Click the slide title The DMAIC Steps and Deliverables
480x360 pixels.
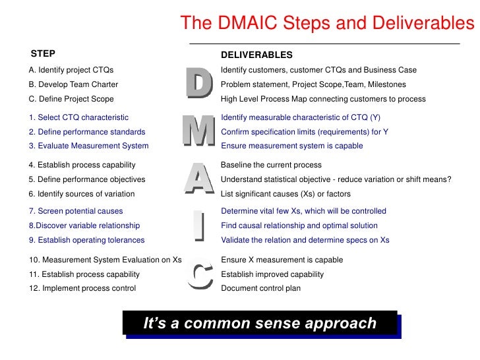coord(327,24)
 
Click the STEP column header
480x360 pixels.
coord(44,53)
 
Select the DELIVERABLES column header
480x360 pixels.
coord(256,55)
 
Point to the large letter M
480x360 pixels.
coord(198,131)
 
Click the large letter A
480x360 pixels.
coord(198,179)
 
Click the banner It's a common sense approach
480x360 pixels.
coord(260,324)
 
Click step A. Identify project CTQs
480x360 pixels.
coord(71,70)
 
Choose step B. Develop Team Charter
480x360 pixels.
coord(74,84)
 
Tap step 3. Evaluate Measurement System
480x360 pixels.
coord(89,146)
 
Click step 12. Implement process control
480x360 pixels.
coord(82,288)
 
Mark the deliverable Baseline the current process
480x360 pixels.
coord(271,165)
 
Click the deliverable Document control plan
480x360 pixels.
coord(260,288)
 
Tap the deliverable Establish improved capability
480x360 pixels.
coord(272,274)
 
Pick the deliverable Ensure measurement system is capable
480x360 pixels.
coord(291,146)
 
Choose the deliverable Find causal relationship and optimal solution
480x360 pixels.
coord(299,225)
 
